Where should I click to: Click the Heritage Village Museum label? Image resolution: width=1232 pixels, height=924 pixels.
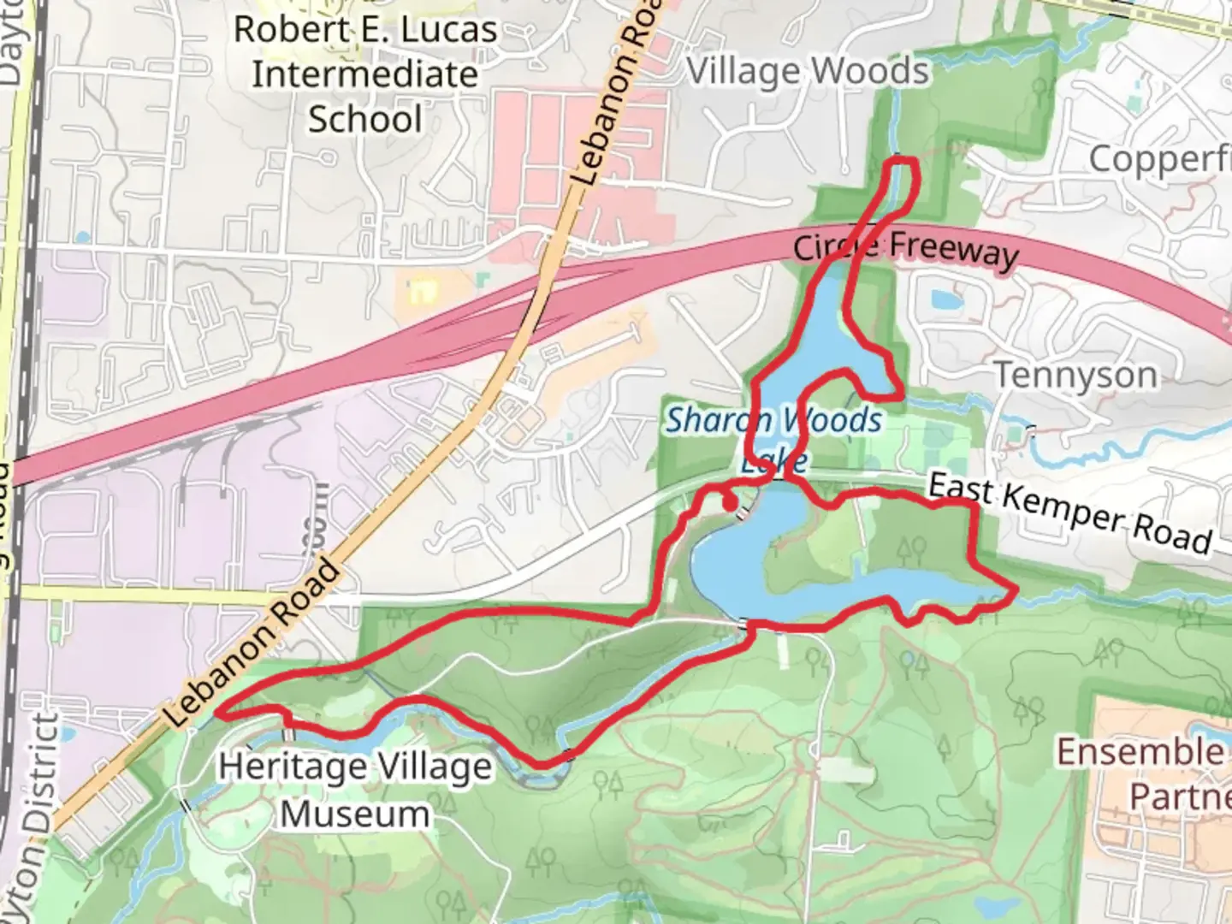click(355, 789)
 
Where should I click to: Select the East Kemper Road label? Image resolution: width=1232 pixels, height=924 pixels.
click(1070, 513)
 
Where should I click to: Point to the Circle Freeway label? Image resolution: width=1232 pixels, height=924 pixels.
click(906, 249)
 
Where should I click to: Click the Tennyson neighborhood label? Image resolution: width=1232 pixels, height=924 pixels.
click(1076, 376)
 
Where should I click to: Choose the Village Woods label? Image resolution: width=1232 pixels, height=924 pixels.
click(808, 72)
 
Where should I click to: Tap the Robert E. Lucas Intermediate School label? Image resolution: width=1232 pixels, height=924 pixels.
click(365, 74)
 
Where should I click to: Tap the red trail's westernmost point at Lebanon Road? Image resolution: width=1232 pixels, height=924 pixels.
click(219, 711)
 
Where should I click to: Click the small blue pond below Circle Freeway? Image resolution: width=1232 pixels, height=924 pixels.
click(943, 299)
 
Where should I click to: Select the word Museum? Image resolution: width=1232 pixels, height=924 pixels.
click(355, 814)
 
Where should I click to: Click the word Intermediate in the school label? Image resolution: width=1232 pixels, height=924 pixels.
click(365, 74)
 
